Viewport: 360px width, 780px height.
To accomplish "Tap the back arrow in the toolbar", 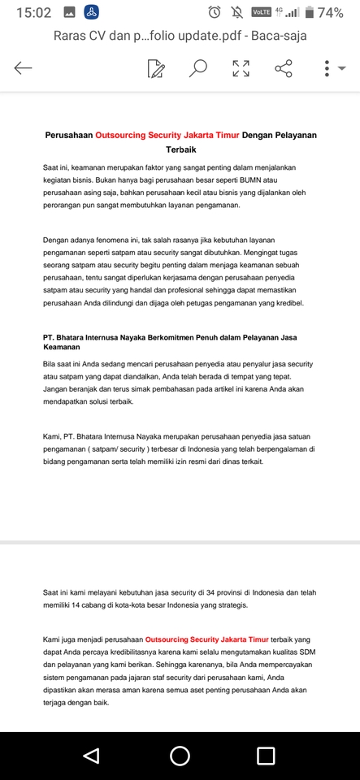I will click(x=23, y=69).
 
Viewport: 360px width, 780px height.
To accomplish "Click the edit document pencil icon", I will click(x=156, y=69).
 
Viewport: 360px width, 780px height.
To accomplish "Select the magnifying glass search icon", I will click(x=198, y=69).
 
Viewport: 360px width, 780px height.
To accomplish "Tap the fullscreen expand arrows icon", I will click(x=241, y=69).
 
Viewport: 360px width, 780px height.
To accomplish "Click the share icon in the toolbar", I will click(x=284, y=69).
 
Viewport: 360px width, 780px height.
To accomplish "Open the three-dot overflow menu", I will click(x=327, y=69).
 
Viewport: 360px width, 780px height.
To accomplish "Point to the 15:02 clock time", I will click(x=33, y=12).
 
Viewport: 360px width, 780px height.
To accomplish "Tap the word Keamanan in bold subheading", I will click(x=63, y=347).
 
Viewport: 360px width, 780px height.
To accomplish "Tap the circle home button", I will click(x=180, y=756).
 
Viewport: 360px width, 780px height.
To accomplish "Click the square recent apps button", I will click(x=266, y=756).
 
